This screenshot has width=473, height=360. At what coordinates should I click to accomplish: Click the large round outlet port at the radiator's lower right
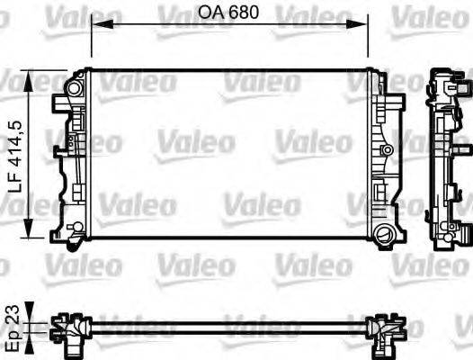pyautogui.click(x=387, y=236)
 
